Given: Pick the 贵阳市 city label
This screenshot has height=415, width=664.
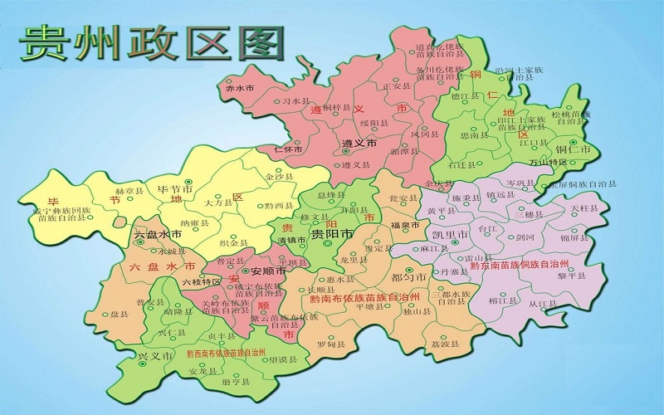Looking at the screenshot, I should click(x=331, y=235).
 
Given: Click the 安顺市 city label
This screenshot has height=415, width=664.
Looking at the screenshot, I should click(x=268, y=271).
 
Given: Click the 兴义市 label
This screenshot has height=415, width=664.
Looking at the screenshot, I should click(x=157, y=355).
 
